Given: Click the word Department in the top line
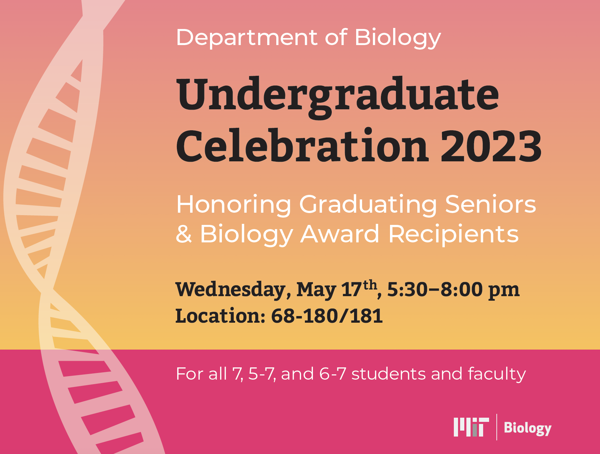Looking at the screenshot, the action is pyautogui.click(x=247, y=37).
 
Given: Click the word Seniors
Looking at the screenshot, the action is pyautogui.click(x=490, y=204).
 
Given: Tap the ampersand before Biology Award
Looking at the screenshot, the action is pyautogui.click(x=184, y=234).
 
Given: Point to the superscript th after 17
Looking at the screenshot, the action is pyautogui.click(x=370, y=285).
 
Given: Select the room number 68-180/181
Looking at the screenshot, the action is pyautogui.click(x=327, y=316).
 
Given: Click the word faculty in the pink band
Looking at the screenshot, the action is pyautogui.click(x=497, y=374).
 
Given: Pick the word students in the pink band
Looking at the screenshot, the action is pyautogui.click(x=388, y=374).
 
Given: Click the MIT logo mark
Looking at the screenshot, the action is pyautogui.click(x=471, y=427).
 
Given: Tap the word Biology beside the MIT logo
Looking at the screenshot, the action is pyautogui.click(x=527, y=428).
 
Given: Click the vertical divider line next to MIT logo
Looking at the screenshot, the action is pyautogui.click(x=497, y=427).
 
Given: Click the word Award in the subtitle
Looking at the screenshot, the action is pyautogui.click(x=340, y=234).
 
